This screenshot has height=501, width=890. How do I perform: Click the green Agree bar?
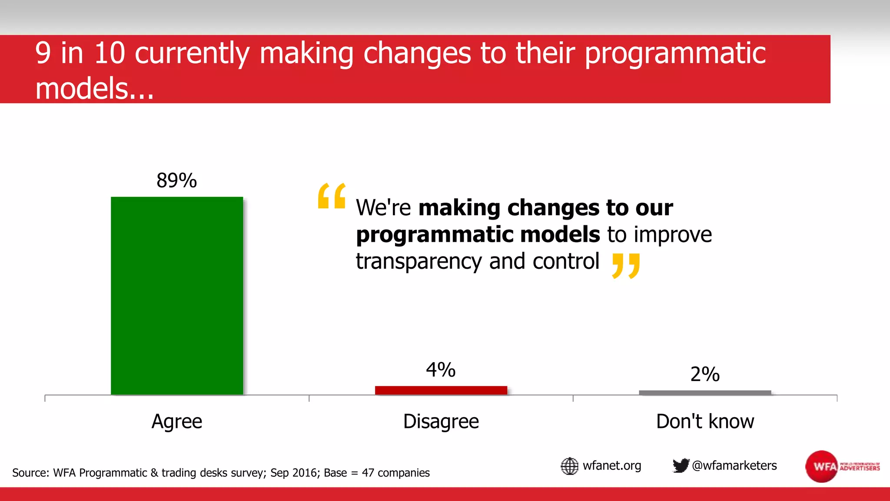click(177, 296)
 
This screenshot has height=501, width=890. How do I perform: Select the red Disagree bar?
click(441, 390)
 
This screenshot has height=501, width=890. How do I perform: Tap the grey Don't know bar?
click(705, 393)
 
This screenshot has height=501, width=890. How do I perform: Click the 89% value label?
click(176, 180)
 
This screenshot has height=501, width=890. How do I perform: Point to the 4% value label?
click(441, 370)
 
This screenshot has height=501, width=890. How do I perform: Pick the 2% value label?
click(705, 374)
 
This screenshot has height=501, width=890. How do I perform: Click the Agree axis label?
click(177, 421)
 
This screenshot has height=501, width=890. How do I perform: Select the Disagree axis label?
click(441, 421)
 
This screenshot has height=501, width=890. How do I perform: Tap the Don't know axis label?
click(705, 421)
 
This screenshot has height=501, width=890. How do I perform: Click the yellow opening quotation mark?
click(332, 196)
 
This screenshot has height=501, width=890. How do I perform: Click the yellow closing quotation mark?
click(626, 266)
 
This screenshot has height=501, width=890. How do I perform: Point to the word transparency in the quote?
click(419, 262)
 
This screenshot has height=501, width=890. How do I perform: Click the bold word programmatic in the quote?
click(434, 235)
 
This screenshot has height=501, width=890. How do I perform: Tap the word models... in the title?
click(94, 88)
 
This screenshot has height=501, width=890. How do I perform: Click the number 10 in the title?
click(110, 53)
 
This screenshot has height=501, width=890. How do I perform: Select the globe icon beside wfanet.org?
click(569, 466)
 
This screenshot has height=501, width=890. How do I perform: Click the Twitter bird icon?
click(681, 465)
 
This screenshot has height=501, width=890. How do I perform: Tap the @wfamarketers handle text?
click(734, 466)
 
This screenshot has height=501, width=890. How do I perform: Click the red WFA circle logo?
click(821, 467)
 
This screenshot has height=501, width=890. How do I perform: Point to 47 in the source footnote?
click(368, 473)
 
